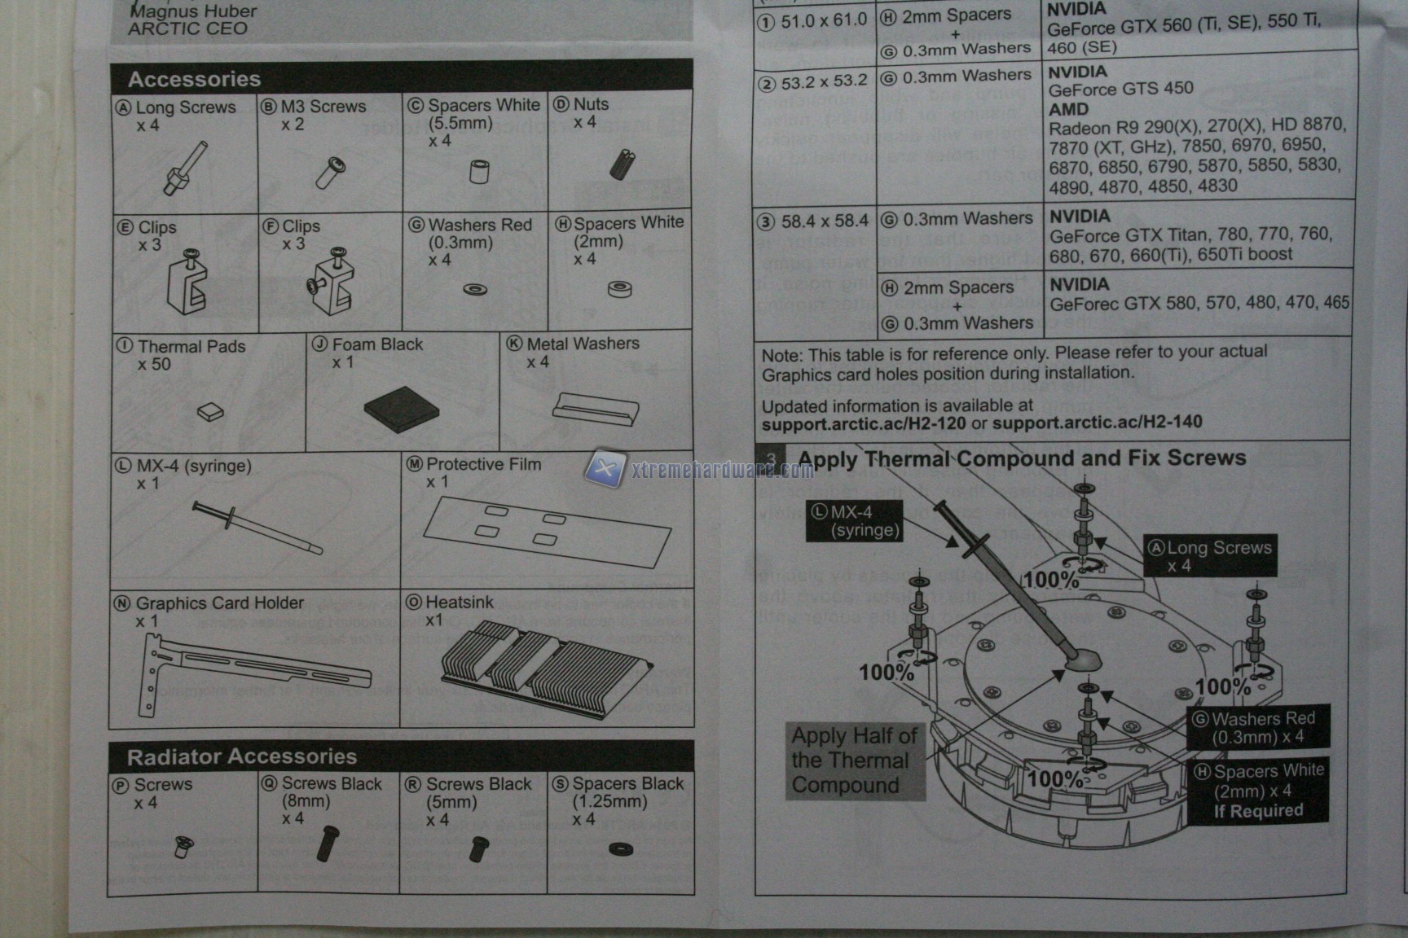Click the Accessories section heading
[194, 79]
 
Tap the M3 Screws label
[323, 107]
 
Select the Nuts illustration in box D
[622, 164]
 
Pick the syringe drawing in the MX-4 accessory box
[257, 528]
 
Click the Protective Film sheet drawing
[546, 531]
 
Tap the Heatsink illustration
[544, 666]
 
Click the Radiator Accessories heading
[241, 756]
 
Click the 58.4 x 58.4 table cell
[814, 221]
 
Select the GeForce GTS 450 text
[1120, 88]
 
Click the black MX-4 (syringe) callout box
[854, 521]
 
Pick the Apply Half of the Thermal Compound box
[854, 760]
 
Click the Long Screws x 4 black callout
[1210, 556]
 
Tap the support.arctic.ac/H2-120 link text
[863, 423]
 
